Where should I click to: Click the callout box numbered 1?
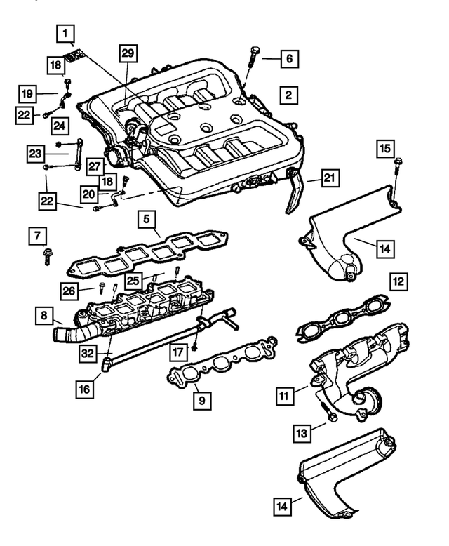coord(65,32)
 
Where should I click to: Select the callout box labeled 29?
coord(128,53)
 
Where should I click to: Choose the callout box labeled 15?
coord(384,149)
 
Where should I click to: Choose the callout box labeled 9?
coord(201,401)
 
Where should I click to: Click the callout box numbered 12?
coord(398,283)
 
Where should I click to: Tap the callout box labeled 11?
coord(284,398)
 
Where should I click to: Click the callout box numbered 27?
coord(95,166)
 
